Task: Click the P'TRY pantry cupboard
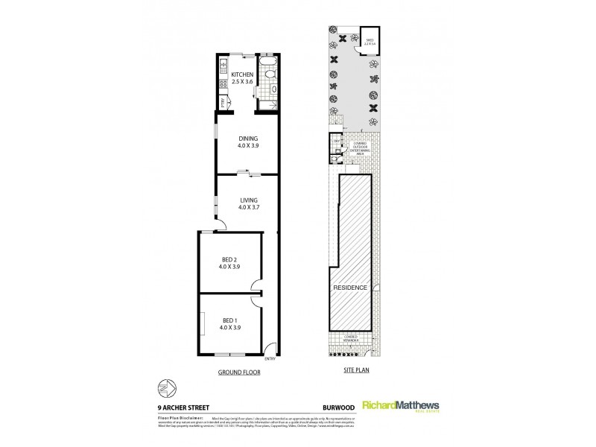coord(222,104)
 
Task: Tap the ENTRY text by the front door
coord(269,360)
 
